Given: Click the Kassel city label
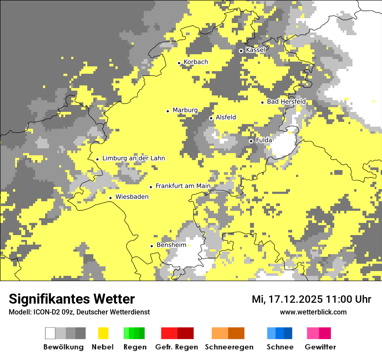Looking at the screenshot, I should pos(255,50).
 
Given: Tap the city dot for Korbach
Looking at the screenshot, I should pos(179,63).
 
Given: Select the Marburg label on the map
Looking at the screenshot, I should pos(185,110).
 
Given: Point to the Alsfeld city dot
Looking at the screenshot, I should pos(211,118).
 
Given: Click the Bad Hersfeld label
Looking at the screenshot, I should pos(286,101).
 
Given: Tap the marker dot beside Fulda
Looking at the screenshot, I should pos(251,141).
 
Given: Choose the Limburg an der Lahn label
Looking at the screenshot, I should pos(133,158).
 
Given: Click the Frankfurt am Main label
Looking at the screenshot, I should pos(183,186).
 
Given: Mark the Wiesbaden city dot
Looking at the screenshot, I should pos(111,198).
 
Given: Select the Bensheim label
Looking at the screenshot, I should pos(171,245).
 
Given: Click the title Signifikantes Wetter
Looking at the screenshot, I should pos(72,299).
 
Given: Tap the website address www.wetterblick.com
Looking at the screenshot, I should pos(313,312).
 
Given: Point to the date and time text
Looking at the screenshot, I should pos(311,299).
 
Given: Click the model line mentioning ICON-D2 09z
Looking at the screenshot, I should pos(79,312).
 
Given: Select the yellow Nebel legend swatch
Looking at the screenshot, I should pos(103,333).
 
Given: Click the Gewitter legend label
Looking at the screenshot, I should pos(320,347).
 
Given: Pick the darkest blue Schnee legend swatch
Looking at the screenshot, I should pos(288,333).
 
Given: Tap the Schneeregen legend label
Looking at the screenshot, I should pos(229,347).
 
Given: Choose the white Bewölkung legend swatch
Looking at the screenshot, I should pos(50,333).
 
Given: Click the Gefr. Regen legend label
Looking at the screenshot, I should pos(177,347).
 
